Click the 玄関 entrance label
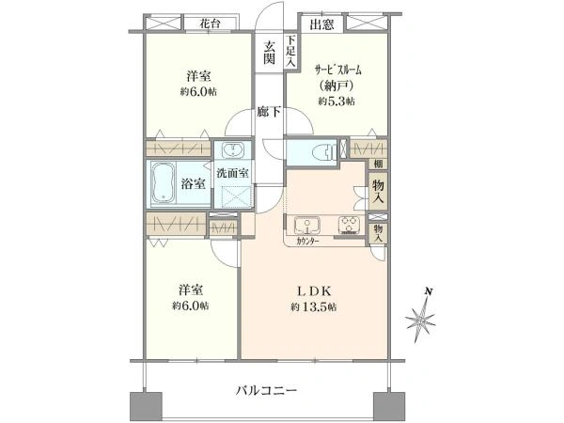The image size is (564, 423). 270,53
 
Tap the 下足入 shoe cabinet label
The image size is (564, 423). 290,51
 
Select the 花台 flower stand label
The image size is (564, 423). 211,24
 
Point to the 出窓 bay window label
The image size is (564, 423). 321,24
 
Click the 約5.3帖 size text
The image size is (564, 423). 337,102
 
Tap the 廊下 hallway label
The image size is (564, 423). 269,112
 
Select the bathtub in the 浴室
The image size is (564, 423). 163,183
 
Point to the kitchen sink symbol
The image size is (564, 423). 306,226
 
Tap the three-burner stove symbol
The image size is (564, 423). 349,226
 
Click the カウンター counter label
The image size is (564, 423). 307,242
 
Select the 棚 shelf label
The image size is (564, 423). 378,164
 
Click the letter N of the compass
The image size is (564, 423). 428,291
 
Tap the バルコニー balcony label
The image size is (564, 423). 267,390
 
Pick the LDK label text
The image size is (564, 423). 313,290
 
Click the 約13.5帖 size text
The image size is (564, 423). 314,307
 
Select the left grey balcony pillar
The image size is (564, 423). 146,406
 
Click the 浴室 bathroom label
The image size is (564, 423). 193,184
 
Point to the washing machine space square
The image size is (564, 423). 233,197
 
